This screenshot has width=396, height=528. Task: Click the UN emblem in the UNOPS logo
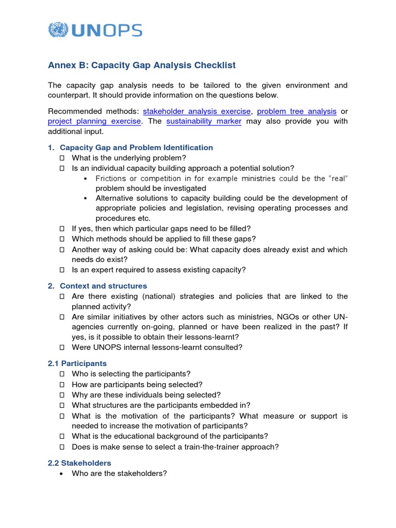pos(58,30)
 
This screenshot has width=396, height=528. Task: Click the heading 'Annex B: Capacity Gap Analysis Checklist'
pos(142,65)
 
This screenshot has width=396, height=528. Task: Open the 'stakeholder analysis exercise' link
pos(197,111)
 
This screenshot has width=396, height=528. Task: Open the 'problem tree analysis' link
pos(296,111)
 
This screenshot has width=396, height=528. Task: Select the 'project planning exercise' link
pos(94,121)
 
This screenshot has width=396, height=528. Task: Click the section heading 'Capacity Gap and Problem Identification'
pos(136,147)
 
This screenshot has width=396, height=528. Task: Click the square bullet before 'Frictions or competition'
pos(86,178)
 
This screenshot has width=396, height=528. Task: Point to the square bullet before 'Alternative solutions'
pos(86,198)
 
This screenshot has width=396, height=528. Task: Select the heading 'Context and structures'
pos(103,286)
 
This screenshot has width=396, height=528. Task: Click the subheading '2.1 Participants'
pos(77,364)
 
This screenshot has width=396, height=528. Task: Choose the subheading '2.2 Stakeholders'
pos(79,463)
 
